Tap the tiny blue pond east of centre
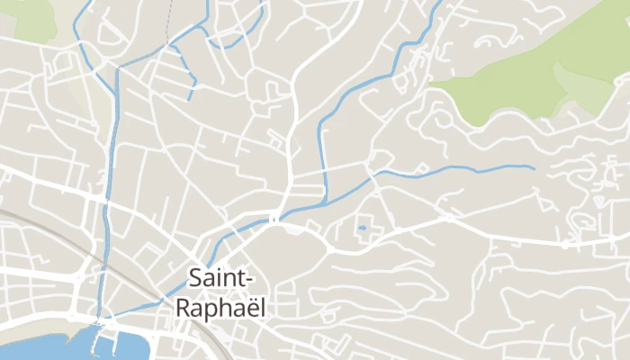(x=362, y=229)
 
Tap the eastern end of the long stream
(x=533, y=167)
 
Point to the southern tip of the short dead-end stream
(x=190, y=98)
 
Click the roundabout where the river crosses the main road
(x=274, y=218)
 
